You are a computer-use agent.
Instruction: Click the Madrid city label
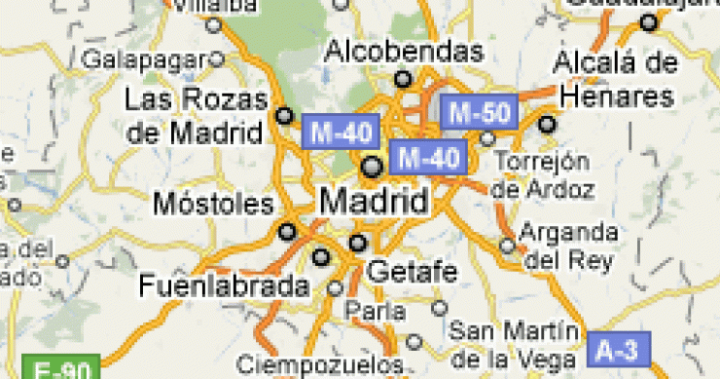[374, 203]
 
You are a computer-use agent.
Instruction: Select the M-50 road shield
[477, 112]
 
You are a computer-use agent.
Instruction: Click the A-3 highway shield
[617, 347]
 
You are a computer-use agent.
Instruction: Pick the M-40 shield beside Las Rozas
[338, 131]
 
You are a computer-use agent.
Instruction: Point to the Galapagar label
[147, 59]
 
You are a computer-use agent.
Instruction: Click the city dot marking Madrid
[372, 167]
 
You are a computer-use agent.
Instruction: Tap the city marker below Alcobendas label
[402, 79]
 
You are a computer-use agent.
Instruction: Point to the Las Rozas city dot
[284, 115]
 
